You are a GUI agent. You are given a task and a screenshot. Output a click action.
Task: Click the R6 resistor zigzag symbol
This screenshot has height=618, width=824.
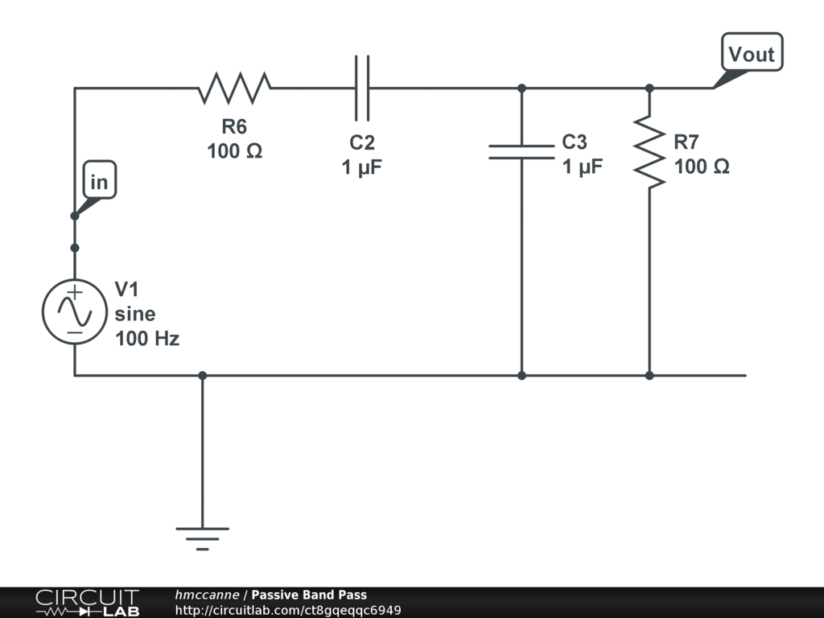234,88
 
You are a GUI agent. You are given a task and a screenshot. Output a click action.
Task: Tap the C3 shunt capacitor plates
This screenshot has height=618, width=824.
521,152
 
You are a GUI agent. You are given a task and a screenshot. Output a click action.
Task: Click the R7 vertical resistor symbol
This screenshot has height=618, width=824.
649,152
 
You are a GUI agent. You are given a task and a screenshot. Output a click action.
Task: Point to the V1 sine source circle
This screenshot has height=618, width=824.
74,312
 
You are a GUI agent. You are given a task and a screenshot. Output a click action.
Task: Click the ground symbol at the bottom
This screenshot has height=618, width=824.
202,536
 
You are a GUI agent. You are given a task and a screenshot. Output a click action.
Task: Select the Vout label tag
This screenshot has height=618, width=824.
751,54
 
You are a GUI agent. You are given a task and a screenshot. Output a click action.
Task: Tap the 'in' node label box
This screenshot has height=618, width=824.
99,183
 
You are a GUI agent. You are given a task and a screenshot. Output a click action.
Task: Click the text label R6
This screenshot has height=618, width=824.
234,126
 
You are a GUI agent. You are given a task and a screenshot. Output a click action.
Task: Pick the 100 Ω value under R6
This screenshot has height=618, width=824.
234,150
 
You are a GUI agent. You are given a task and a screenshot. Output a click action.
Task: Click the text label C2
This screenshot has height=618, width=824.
362,142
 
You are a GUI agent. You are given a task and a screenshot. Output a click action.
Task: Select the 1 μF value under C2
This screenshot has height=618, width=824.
362,167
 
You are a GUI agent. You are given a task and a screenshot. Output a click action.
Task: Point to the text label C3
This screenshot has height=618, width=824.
575,142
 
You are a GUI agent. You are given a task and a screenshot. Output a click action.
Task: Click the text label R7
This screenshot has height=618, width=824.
686,142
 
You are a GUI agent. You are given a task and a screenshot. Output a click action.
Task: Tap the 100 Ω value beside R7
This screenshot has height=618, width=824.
702,167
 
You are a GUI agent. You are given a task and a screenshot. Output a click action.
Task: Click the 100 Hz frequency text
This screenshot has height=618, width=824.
147,339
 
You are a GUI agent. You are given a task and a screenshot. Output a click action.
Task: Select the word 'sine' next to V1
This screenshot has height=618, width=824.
135,314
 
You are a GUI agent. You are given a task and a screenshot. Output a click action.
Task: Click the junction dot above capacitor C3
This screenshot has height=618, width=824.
521,88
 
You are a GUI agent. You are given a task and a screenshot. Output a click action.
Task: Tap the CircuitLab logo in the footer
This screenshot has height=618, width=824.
87,603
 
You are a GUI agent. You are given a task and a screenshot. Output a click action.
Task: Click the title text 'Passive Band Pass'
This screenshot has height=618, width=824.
309,595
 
